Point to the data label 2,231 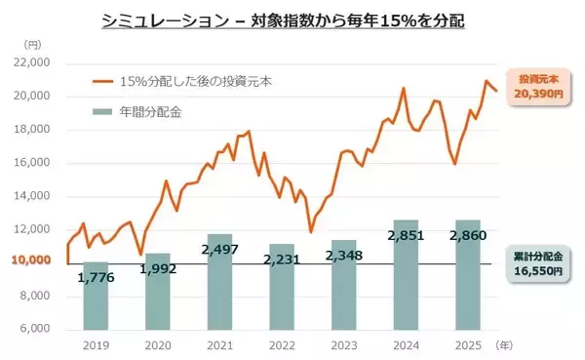(x=281, y=260)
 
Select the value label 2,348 (x=343, y=257)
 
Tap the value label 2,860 (x=467, y=235)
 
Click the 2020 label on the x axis (x=157, y=345)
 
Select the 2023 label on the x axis (x=343, y=345)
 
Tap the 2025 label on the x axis (x=467, y=345)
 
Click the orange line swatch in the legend (x=100, y=83)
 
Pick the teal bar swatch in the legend (x=100, y=112)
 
